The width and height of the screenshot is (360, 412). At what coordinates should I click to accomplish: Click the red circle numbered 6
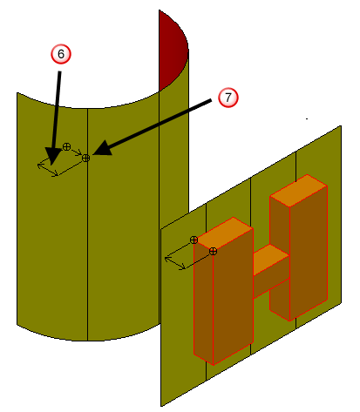click(61, 54)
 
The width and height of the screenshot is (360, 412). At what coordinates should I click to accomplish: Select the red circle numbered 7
click(228, 98)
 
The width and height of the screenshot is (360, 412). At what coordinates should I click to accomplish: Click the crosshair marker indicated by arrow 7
click(85, 159)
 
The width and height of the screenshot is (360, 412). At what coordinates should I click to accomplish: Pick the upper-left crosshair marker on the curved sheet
click(66, 146)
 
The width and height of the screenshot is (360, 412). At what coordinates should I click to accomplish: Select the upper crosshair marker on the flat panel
click(194, 240)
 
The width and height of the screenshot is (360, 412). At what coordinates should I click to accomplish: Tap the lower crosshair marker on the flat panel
click(213, 252)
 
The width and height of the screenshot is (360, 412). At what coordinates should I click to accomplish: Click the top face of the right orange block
click(299, 190)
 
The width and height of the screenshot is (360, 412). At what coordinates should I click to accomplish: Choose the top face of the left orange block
click(223, 233)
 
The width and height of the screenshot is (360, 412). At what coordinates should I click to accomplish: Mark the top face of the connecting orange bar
click(271, 260)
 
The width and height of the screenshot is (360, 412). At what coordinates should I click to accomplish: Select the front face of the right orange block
click(309, 253)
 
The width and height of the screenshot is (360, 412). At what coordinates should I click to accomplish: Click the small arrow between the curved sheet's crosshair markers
click(77, 152)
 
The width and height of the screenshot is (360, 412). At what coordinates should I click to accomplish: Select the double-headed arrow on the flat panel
click(175, 263)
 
